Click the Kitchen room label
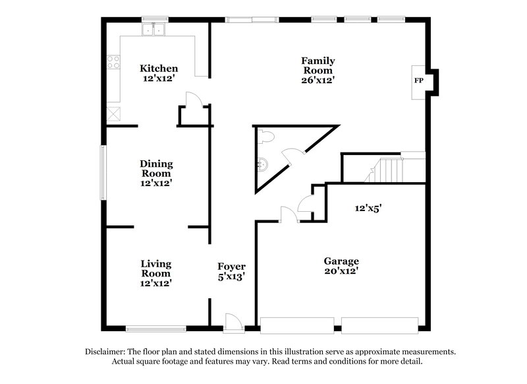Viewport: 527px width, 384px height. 159,69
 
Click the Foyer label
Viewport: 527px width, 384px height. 231,267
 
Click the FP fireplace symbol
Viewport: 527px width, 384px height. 418,81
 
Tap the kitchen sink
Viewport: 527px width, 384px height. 155,29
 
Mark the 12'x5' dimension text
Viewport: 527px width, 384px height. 369,207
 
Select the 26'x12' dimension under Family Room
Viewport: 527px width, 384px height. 318,80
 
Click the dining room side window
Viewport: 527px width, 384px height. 103,172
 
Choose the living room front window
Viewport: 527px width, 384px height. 155,328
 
